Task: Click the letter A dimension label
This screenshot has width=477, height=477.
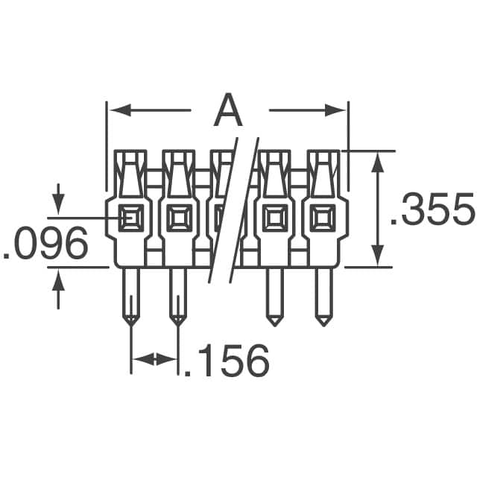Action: (227, 112)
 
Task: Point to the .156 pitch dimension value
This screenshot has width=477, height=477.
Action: (226, 361)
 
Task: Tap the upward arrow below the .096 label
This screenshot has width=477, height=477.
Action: (59, 279)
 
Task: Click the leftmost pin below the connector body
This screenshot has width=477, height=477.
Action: (130, 294)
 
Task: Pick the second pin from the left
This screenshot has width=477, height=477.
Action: (177, 294)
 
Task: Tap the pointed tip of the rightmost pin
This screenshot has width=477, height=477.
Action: (322, 322)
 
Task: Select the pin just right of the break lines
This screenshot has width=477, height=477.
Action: (274, 294)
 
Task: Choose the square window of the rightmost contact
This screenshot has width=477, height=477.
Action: (322, 218)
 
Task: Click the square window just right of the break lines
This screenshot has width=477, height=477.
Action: (274, 218)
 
